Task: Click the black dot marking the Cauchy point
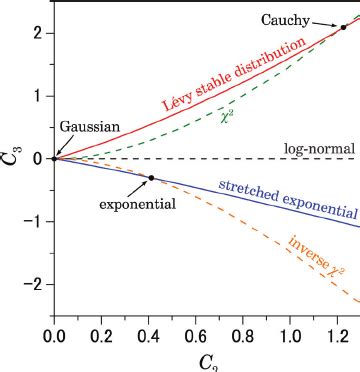coord(343,28)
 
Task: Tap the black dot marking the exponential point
coord(151,178)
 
